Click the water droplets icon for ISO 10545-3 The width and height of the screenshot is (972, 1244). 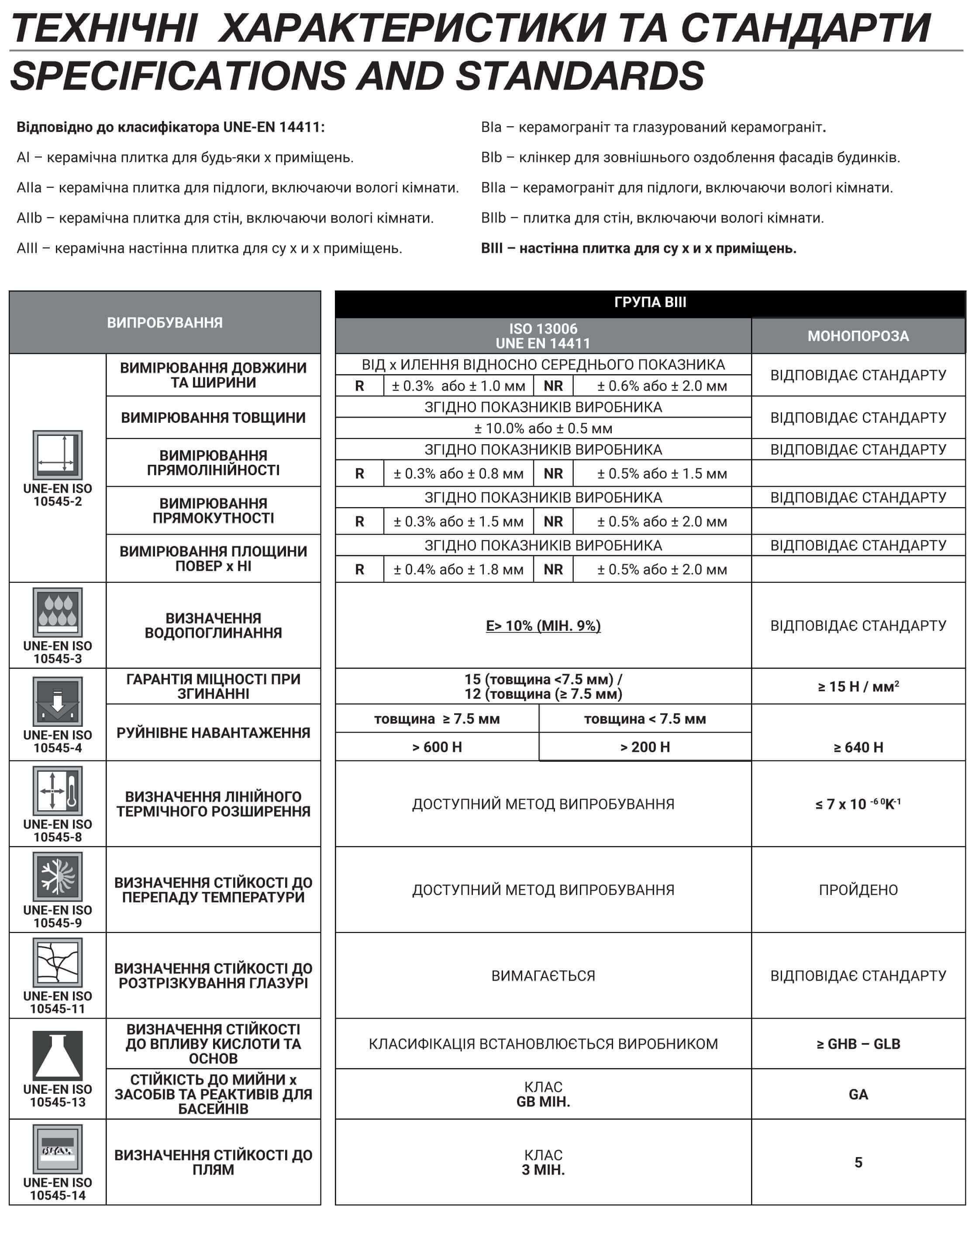(58, 612)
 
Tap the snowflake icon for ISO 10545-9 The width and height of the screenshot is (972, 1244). (58, 877)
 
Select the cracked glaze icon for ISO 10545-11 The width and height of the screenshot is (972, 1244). (58, 963)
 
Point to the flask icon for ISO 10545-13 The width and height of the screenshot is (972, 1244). (58, 1055)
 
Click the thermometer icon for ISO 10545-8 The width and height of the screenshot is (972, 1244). (58, 791)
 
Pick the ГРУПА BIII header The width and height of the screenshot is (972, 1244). (650, 302)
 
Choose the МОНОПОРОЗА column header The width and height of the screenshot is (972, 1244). (858, 336)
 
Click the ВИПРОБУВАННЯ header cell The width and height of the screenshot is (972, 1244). (165, 322)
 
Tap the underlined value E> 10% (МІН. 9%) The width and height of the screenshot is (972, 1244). (543, 626)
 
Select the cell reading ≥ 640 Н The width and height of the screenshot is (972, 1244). (858, 747)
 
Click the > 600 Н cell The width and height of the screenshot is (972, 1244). (437, 747)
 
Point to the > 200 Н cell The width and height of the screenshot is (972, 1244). (645, 747)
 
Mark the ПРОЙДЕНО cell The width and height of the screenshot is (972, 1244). (858, 890)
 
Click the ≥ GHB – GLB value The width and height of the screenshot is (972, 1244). (858, 1044)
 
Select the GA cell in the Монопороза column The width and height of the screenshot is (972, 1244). (858, 1094)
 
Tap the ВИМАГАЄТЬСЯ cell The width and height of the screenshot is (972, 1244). (543, 976)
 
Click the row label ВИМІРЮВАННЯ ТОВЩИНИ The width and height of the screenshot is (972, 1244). (213, 418)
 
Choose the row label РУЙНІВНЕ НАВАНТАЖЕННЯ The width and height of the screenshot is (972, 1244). (213, 733)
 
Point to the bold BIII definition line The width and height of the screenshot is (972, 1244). (638, 249)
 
